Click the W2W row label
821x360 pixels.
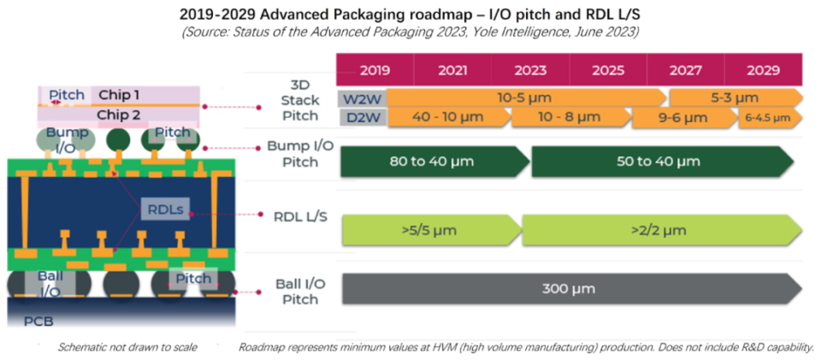point(357,97)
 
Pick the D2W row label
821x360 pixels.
point(357,116)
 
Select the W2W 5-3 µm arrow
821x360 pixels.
point(734,97)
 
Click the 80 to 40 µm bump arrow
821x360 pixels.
point(433,161)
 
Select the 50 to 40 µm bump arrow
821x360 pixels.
point(659,161)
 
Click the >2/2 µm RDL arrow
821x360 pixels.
point(659,230)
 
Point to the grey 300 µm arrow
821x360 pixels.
point(569,289)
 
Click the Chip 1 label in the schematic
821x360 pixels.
point(119,94)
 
